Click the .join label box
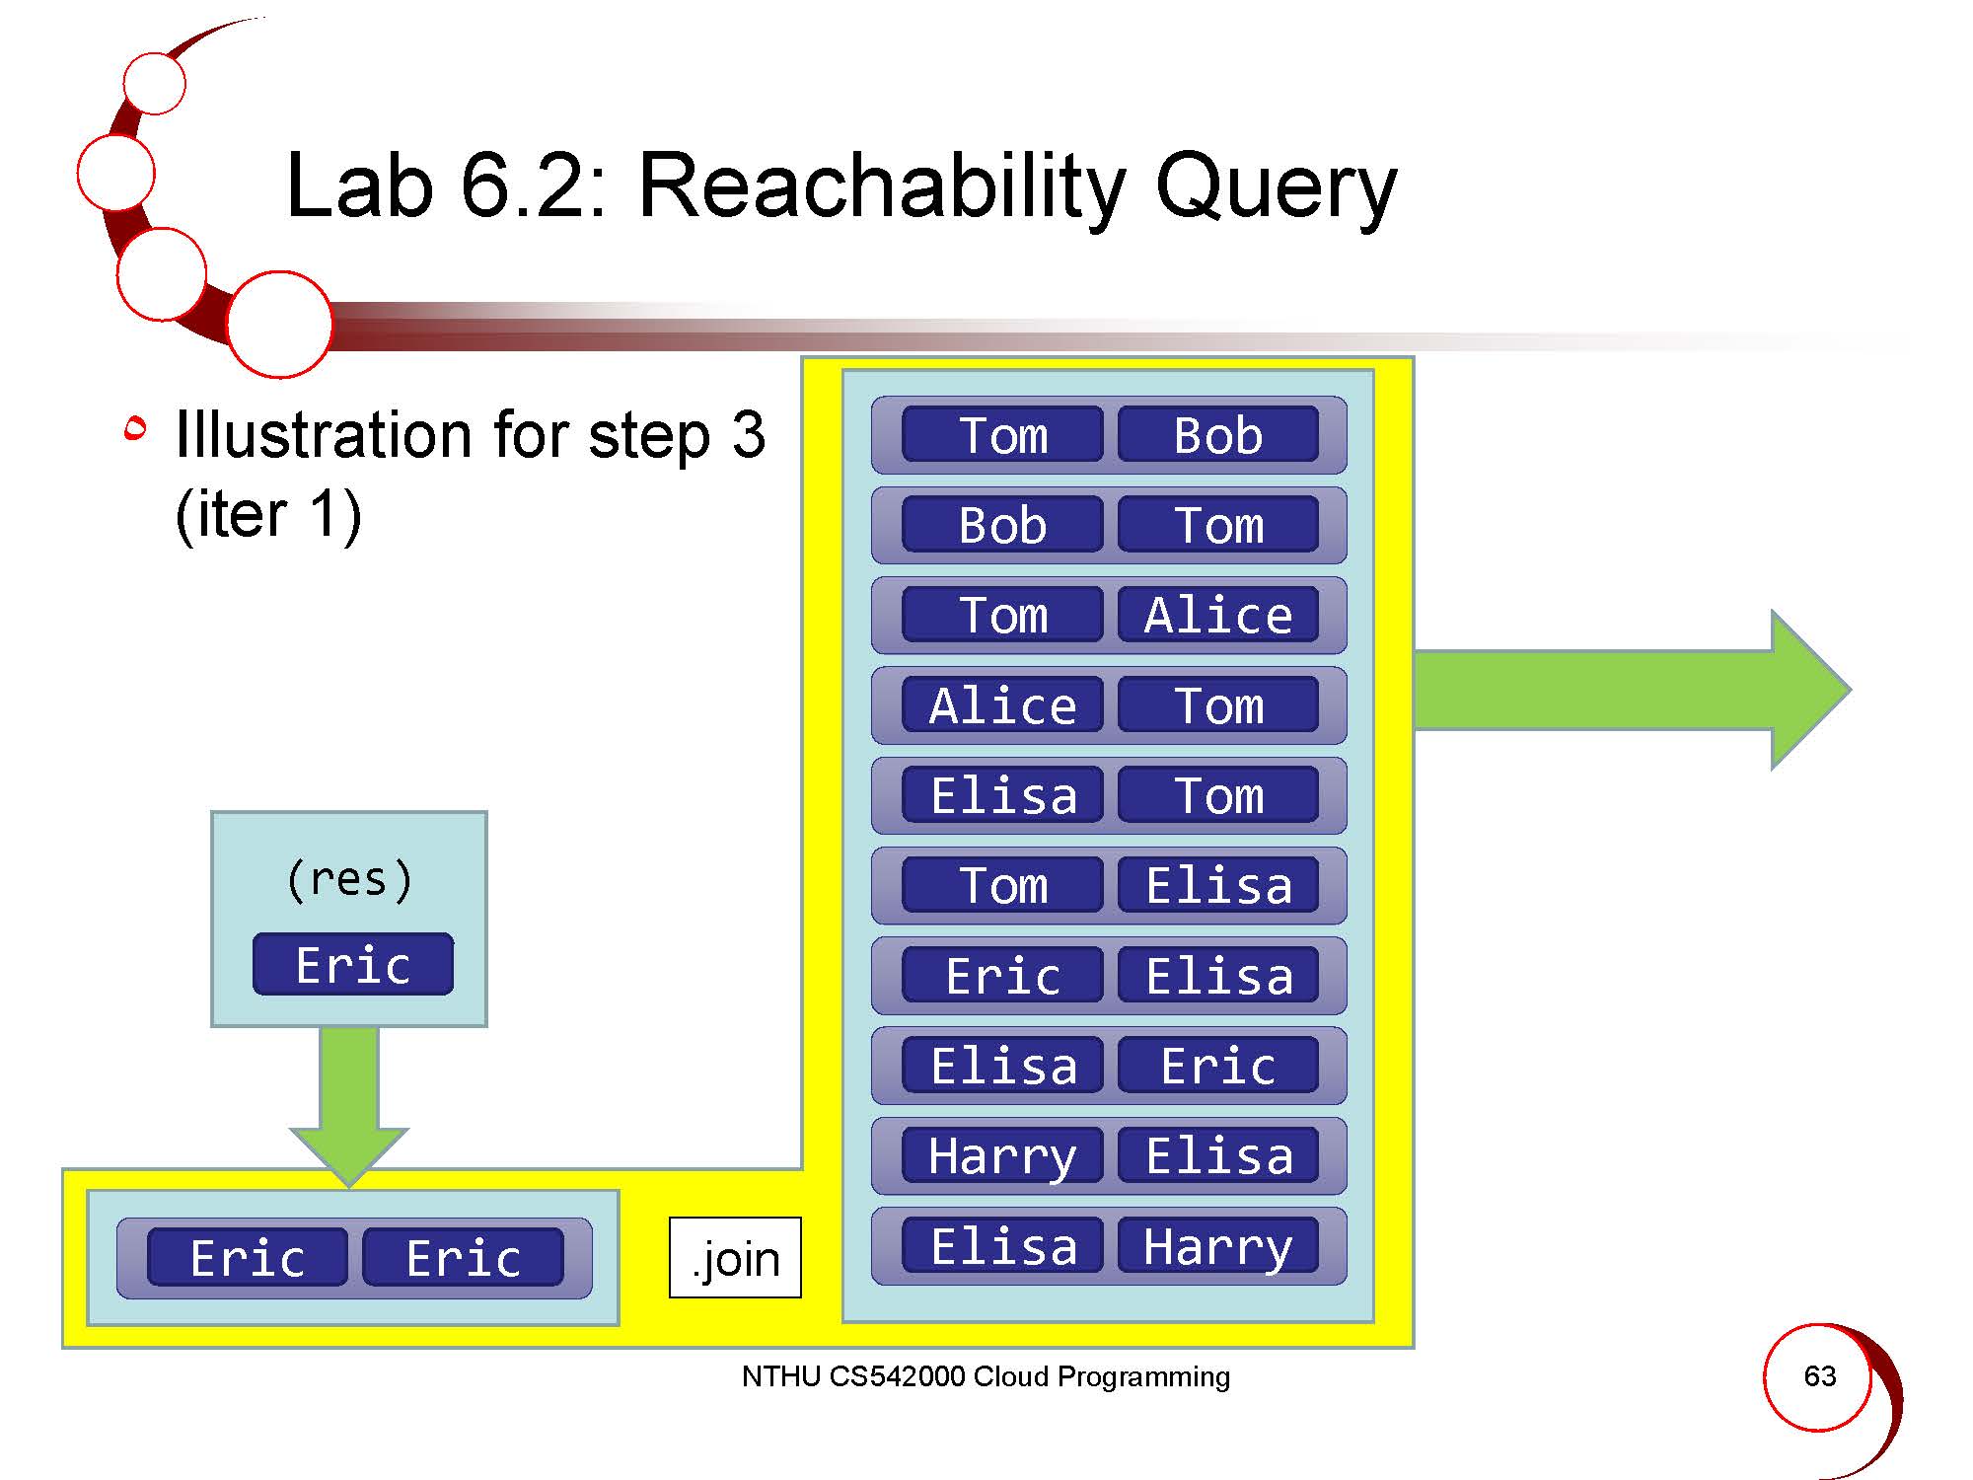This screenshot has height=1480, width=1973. [x=735, y=1258]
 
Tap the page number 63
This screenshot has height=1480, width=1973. [x=1819, y=1375]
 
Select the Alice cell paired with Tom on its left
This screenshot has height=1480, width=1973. [x=1218, y=615]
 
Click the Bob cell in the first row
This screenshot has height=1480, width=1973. [x=1218, y=434]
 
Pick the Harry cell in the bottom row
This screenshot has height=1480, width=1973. [x=1218, y=1246]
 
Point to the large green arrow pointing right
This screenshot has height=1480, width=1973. [x=1628, y=690]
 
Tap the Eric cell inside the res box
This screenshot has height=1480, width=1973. [x=353, y=964]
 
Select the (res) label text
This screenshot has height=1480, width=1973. [x=349, y=878]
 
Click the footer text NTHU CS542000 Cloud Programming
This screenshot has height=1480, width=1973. [x=986, y=1376]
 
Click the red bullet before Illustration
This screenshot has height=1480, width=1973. [x=135, y=428]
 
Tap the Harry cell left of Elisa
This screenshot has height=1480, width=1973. [x=1002, y=1155]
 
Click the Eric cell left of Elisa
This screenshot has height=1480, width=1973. [x=1002, y=976]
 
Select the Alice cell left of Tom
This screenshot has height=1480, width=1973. [x=1002, y=705]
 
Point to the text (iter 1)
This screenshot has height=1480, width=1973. [x=268, y=514]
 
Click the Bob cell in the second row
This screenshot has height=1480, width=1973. [x=1002, y=525]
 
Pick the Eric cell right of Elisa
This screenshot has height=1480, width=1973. [x=1218, y=1066]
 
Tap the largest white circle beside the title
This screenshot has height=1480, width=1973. [x=279, y=324]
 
